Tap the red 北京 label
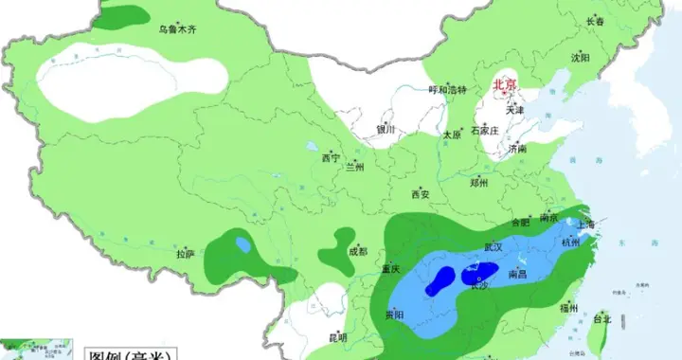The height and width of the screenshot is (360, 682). pos(504,85)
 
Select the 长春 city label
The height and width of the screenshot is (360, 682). pos(595,21)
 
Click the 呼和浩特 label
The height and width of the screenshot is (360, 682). pos(448,89)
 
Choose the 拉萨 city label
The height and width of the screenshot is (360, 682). pos(185,253)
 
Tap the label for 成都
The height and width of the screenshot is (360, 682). pos(357,251)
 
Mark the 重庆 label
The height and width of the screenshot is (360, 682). pos(391,268)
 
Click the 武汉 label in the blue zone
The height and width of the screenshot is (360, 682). pos(494,246)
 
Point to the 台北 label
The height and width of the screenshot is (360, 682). pos(602,319)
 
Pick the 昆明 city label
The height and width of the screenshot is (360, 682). pos(337,336)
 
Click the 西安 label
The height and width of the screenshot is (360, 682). pos(421,194)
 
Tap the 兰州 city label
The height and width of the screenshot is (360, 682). pos(354,167)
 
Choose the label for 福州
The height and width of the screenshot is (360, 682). pos(568,307)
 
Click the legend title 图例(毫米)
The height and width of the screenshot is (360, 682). pos(123,353)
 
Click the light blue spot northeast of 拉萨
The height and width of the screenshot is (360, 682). pos(243,244)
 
